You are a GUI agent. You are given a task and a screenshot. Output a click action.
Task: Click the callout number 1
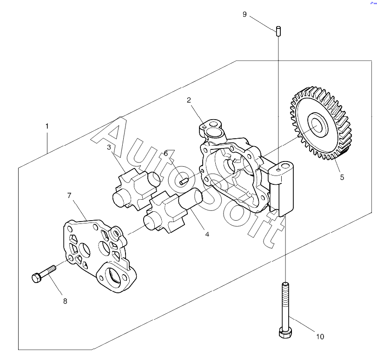coord(47,126)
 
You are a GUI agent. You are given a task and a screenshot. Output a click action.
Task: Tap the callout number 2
coord(189,100)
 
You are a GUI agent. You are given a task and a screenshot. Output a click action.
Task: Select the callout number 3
coord(109,148)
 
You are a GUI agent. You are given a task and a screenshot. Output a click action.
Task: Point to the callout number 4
coord(207,234)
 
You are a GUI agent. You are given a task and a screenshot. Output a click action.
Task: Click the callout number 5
coord(342,177)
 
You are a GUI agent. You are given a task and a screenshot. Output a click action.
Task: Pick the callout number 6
coord(165,153)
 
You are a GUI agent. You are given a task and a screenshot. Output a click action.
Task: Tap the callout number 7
coord(69,195)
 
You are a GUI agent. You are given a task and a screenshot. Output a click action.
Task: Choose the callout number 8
coord(65,301)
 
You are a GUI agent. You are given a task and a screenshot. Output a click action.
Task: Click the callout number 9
coord(245,14)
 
